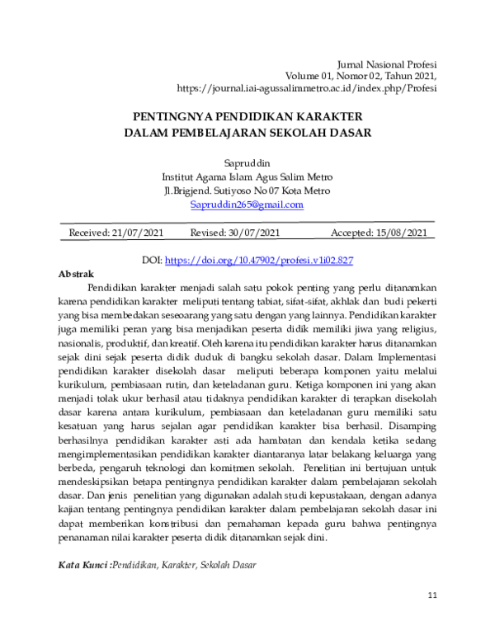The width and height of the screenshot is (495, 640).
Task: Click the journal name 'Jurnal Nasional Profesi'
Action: point(388,64)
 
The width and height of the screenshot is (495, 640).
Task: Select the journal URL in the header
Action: point(307,88)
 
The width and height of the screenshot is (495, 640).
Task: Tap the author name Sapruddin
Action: point(247,162)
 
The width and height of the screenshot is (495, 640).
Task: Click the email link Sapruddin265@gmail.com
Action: point(247,205)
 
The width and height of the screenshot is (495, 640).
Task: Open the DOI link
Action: point(259,260)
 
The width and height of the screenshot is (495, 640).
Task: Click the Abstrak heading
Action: point(76,273)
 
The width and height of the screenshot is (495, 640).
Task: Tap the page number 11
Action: point(433,595)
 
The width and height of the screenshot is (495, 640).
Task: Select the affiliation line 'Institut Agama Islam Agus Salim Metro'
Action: point(247,176)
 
